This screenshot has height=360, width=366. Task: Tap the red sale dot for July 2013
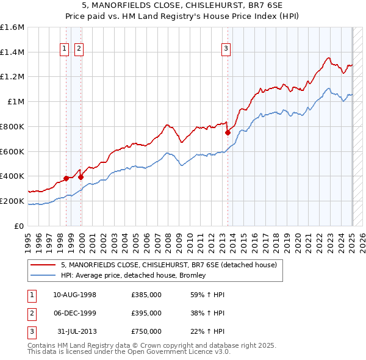(x=228, y=132)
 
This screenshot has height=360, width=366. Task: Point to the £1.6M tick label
(x=12, y=27)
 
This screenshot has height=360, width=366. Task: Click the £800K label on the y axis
(x=12, y=126)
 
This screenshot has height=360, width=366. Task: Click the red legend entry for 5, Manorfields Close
(x=169, y=265)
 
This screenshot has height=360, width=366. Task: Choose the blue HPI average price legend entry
(x=133, y=275)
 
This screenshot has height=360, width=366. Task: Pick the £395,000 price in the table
(x=146, y=313)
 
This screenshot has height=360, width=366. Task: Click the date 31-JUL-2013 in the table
(x=77, y=331)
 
